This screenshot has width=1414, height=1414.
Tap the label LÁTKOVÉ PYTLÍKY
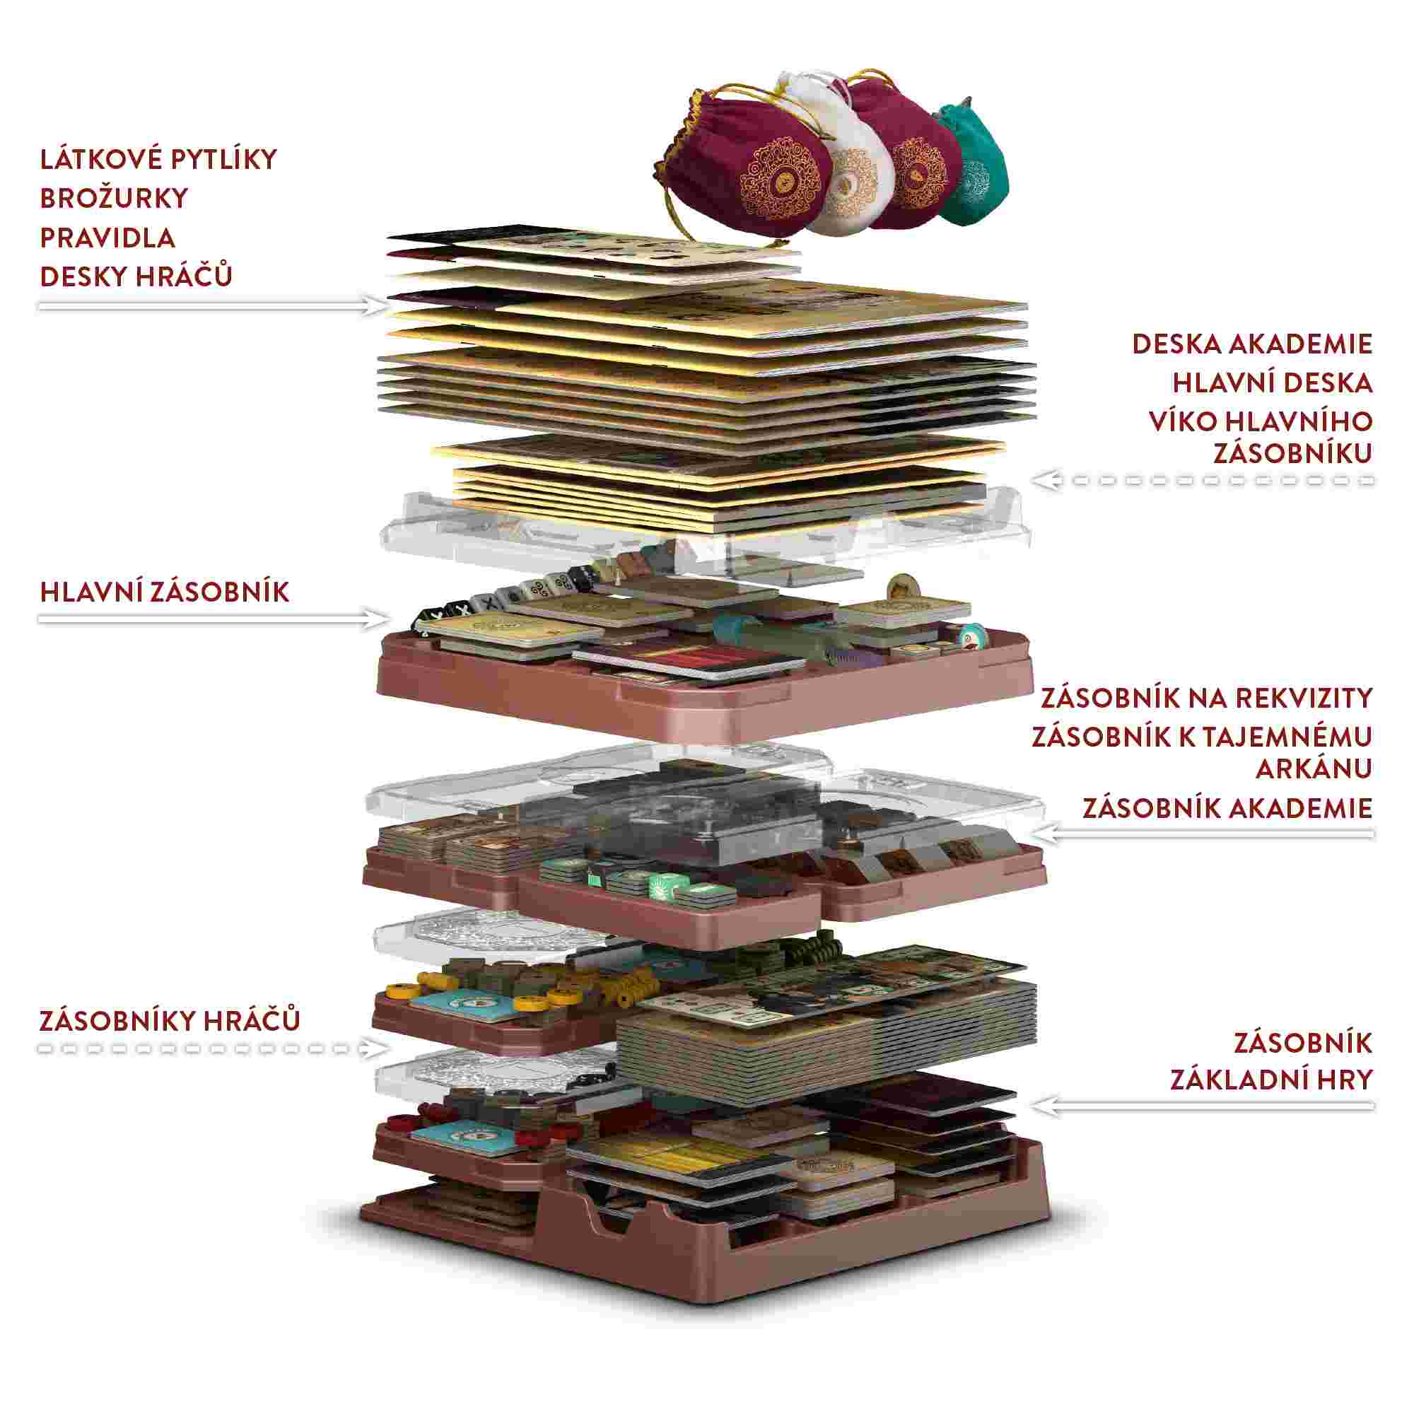coord(158,159)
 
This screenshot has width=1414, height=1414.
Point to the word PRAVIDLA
coord(107,238)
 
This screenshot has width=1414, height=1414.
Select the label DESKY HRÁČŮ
coord(136,276)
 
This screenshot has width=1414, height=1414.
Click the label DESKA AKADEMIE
coord(1251,344)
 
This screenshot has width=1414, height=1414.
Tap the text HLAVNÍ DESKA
coord(1272,382)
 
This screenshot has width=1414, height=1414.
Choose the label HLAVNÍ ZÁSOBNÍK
coord(165,592)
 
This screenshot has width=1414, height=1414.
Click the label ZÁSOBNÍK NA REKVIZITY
coord(1206,699)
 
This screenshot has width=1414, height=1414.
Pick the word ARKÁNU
coord(1314,769)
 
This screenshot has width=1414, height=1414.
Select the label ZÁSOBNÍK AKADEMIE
coord(1227,808)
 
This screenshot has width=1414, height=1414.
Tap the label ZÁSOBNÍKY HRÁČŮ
coord(170,1020)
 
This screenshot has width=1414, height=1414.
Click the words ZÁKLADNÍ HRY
coord(1271,1080)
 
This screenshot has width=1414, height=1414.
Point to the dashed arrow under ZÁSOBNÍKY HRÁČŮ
coord(212,1048)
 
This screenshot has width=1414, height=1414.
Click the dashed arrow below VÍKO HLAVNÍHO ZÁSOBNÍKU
coord(1204,481)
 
